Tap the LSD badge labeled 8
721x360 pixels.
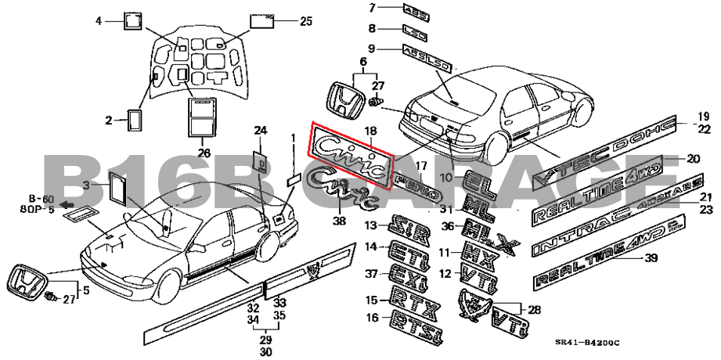pyautogui.click(x=415, y=29)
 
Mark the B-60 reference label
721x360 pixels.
pyautogui.click(x=41, y=199)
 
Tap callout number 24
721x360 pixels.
pyautogui.click(x=260, y=130)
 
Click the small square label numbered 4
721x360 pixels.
pyautogui.click(x=132, y=20)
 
